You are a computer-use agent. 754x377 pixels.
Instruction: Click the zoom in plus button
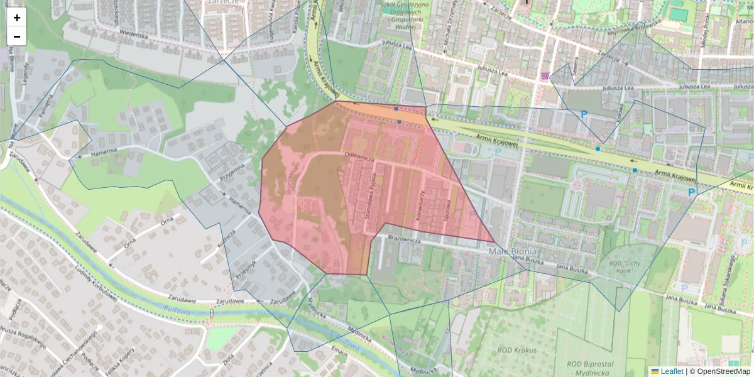[17, 18]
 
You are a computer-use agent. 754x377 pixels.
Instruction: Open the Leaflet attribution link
[670, 371]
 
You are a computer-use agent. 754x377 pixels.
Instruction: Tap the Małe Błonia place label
[510, 251]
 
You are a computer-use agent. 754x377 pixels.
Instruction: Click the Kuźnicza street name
[226, 239]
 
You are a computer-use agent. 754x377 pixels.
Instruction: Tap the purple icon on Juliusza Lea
[544, 76]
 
